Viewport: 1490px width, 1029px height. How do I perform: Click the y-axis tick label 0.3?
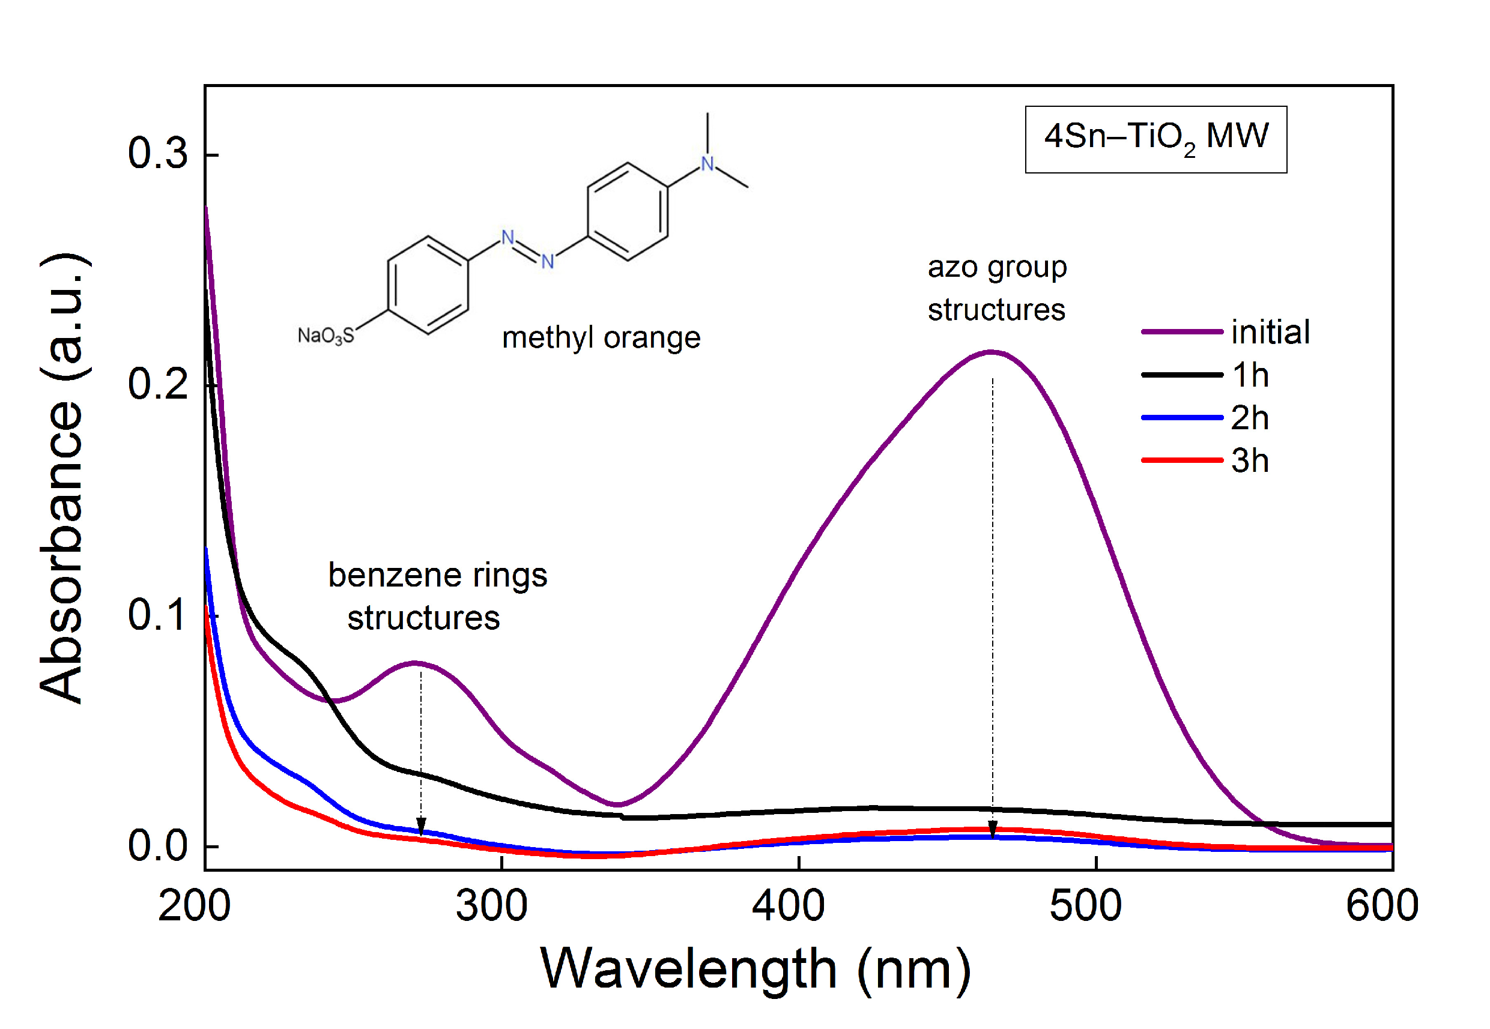pyautogui.click(x=157, y=154)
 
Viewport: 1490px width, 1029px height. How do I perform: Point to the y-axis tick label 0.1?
pyautogui.click(x=157, y=615)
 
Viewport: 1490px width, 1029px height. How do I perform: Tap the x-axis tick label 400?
pyautogui.click(x=788, y=906)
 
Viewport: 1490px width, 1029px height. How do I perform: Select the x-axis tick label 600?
pyautogui.click(x=1382, y=906)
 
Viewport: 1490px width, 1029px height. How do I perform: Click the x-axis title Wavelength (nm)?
pyautogui.click(x=756, y=969)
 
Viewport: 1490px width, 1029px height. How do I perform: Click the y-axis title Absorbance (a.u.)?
pyautogui.click(x=62, y=478)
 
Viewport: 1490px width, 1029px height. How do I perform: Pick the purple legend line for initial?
pyautogui.click(x=1182, y=332)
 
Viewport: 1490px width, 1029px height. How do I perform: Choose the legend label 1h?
pyautogui.click(x=1250, y=375)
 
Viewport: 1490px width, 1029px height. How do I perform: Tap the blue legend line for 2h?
pyautogui.click(x=1182, y=418)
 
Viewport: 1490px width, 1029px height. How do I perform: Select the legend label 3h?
pyautogui.click(x=1250, y=461)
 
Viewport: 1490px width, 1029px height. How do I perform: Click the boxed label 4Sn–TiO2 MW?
pyautogui.click(x=1156, y=139)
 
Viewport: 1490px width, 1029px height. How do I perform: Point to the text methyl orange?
pyautogui.click(x=601, y=337)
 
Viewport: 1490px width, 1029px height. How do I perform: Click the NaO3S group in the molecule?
pyautogui.click(x=326, y=335)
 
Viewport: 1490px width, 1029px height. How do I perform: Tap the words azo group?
pyautogui.click(x=997, y=267)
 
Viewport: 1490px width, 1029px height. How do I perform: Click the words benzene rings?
pyautogui.click(x=437, y=575)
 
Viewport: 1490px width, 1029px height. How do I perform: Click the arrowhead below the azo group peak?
pyautogui.click(x=993, y=830)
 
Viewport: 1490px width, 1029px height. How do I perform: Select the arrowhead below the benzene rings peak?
pyautogui.click(x=421, y=826)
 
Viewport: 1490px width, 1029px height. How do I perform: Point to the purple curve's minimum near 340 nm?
pyautogui.click(x=617, y=804)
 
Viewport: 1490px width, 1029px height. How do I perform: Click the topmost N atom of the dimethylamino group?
pyautogui.click(x=707, y=164)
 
